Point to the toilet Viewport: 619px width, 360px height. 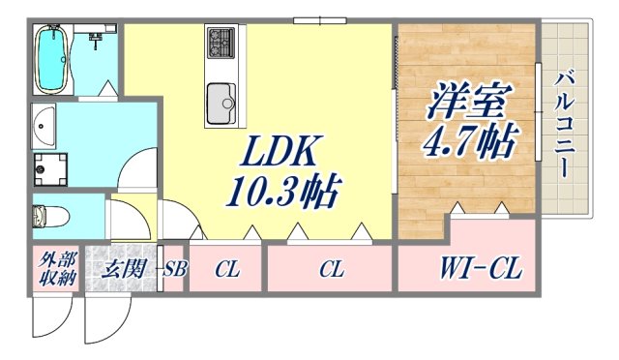[47, 214]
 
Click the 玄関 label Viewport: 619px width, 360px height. [121, 268]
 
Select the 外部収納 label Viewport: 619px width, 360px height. [55, 268]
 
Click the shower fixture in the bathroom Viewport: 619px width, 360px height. [97, 41]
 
